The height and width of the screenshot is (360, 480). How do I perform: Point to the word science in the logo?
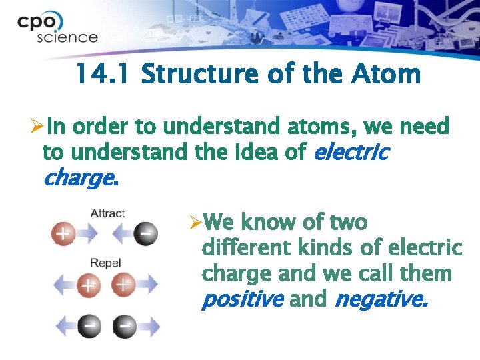67,37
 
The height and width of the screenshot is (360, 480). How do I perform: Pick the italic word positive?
241,300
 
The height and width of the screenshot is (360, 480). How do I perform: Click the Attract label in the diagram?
107,213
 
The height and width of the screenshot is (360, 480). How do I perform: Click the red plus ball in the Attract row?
63,234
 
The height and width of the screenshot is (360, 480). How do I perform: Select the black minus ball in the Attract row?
145,234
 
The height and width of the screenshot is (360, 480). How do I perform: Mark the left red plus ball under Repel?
87,285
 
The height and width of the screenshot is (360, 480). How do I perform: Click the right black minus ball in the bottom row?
125,327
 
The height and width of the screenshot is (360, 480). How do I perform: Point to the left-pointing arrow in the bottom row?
67,327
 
